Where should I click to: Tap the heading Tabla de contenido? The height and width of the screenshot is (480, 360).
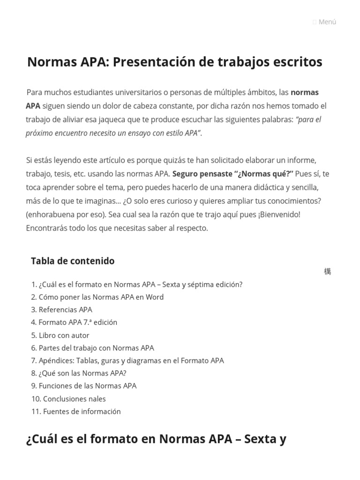pos(73,261)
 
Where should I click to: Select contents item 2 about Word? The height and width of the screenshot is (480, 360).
pos(101,297)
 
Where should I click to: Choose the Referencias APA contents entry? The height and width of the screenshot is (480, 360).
pos(65,310)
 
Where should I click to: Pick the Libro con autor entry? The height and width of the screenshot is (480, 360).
pos(64,336)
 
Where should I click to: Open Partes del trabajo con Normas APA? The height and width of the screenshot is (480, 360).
pos(96,348)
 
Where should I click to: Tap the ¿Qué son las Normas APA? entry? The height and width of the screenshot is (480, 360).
pos(82,374)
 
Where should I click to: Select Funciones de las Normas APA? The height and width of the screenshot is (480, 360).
pos(88,386)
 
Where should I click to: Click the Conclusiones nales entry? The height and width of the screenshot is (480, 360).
pos(74,399)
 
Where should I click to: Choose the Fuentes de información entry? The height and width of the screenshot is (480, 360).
pos(82,412)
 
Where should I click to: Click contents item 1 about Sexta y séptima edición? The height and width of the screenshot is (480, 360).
pos(141,285)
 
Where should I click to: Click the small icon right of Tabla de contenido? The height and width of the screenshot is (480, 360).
pos(327,271)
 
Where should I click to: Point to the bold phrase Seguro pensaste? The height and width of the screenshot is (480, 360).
pos(202,174)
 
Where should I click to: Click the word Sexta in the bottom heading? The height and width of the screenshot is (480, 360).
pos(262,439)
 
